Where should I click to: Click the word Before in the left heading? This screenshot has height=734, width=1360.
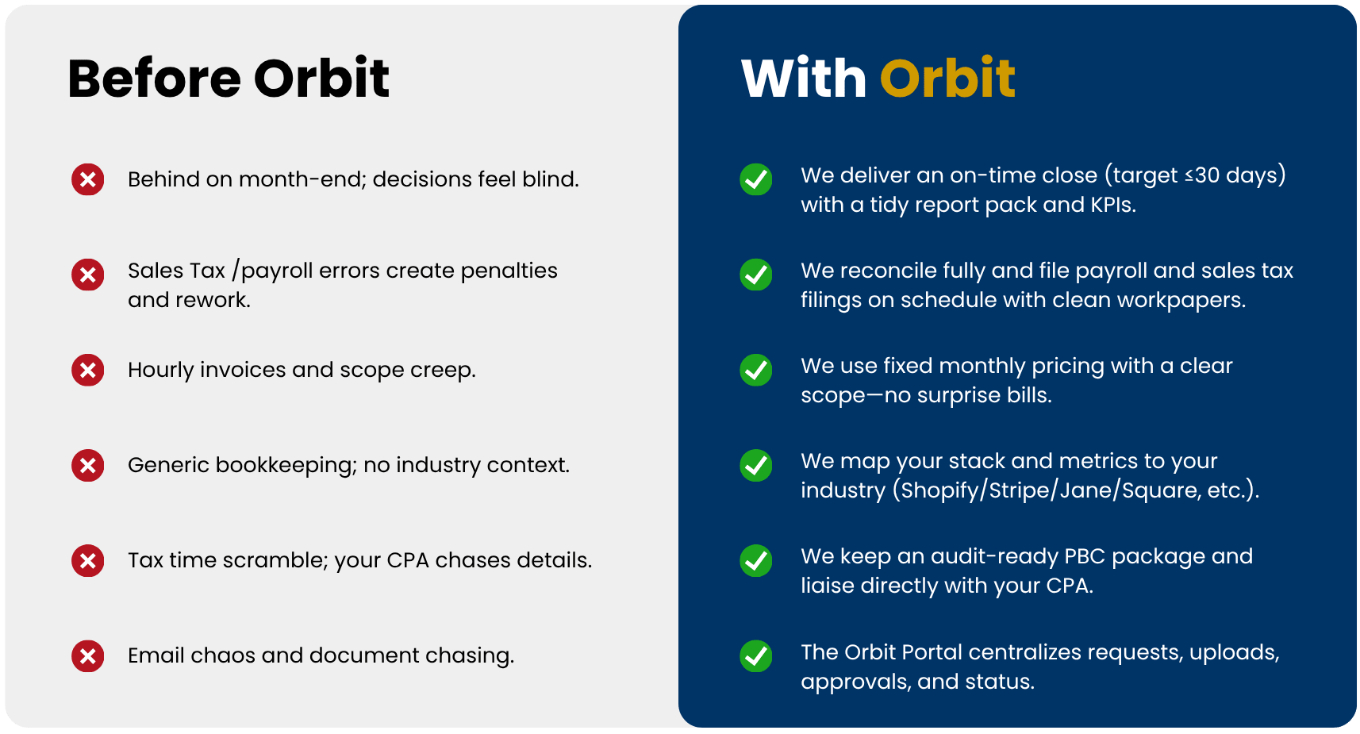click(154, 78)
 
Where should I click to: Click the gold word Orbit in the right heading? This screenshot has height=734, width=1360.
click(947, 78)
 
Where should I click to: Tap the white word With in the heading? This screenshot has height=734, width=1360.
click(804, 78)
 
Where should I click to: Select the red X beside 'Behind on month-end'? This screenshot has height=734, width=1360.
click(88, 179)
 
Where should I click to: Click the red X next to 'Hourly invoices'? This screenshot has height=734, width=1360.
click(88, 370)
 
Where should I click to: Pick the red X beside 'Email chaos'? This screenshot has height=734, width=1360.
click(88, 655)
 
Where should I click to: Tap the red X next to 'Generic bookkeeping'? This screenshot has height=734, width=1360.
click(88, 465)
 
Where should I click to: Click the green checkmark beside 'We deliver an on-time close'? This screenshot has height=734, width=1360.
click(756, 179)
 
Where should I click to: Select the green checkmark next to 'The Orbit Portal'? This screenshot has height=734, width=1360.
click(756, 655)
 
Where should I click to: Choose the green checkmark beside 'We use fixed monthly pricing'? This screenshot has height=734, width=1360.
click(756, 370)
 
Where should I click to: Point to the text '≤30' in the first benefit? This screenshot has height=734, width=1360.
click(1202, 175)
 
